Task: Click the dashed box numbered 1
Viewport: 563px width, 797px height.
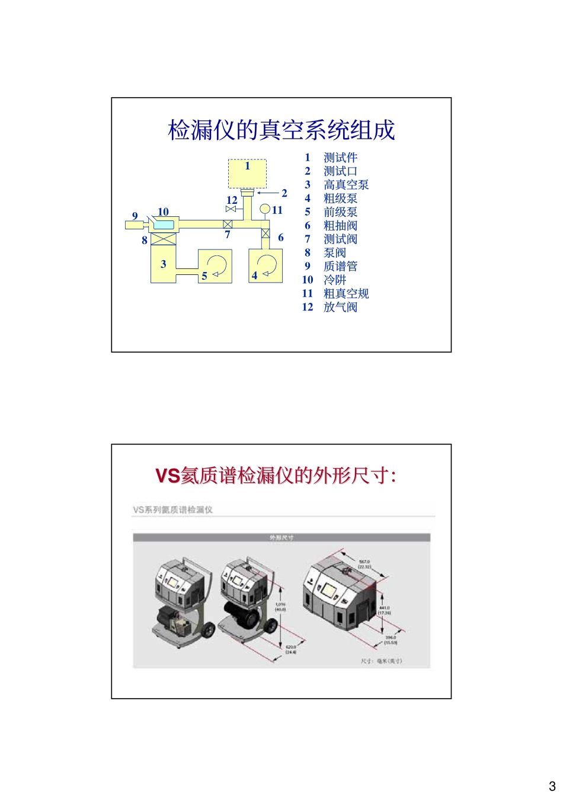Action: (248, 173)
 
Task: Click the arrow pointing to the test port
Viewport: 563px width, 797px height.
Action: (268, 193)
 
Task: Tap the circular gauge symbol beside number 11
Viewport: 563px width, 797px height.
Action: (265, 209)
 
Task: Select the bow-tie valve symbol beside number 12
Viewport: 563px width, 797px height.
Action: (231, 209)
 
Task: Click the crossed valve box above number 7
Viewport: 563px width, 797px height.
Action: (228, 224)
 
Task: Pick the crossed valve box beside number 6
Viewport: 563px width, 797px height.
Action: (265, 234)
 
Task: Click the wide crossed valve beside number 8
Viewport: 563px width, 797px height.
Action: (164, 239)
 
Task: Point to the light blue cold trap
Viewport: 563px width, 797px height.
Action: (164, 224)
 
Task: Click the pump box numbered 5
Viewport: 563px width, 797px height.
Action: (215, 266)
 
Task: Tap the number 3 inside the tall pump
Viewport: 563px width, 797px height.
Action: (164, 264)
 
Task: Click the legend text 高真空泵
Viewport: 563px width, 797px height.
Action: (346, 185)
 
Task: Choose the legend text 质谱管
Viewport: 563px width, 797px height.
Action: (340, 267)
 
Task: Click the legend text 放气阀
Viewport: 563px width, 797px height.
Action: (340, 307)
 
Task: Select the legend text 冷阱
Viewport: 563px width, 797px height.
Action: (335, 280)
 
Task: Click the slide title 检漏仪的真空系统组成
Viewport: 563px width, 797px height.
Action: (281, 130)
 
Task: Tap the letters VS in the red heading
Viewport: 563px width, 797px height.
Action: (168, 476)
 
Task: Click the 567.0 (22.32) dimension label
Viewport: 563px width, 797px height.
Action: (364, 564)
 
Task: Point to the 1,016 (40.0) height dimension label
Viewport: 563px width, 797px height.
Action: (280, 607)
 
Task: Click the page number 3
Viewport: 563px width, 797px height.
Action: (552, 786)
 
